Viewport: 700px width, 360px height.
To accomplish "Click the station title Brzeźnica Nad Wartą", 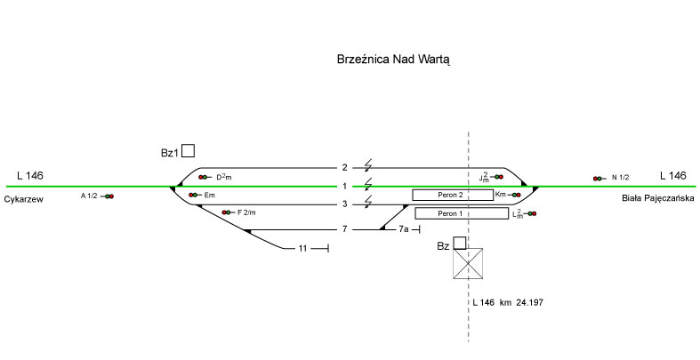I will point(395,60).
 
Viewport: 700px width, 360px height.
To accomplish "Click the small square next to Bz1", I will point(189,151).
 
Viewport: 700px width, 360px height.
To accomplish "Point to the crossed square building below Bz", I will point(470,263).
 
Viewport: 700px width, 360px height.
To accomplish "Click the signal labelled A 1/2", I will point(109,196).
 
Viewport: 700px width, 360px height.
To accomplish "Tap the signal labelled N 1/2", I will point(598,179).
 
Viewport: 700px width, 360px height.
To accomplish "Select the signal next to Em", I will point(192,195).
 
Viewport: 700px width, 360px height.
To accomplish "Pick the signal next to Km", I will point(515,195).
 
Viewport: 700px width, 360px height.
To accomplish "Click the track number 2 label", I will point(344,167).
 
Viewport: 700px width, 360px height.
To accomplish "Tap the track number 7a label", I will point(403,230).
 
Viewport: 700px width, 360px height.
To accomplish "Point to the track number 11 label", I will point(302,248).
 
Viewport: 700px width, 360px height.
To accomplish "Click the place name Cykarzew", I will point(24,199).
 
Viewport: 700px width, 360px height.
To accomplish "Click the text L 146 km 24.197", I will point(508,303).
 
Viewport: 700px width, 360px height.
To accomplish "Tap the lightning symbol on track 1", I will point(367,185).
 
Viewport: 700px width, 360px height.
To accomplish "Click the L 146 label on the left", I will point(29,175).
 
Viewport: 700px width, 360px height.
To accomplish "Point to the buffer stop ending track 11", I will point(328,248).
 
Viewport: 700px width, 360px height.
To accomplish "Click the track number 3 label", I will point(344,205).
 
